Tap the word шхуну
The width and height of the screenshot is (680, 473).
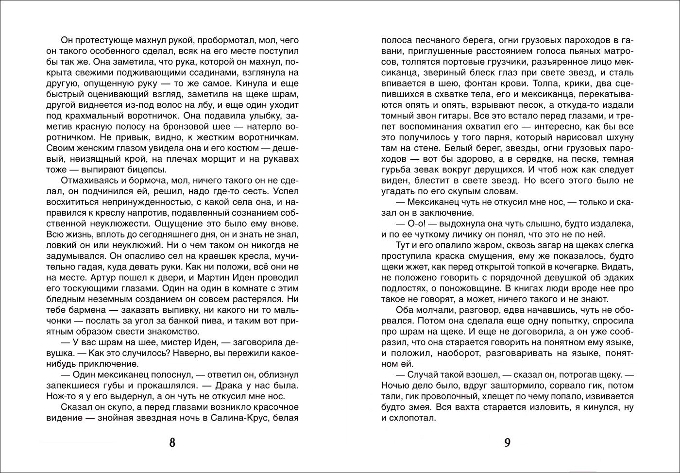(618, 137)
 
